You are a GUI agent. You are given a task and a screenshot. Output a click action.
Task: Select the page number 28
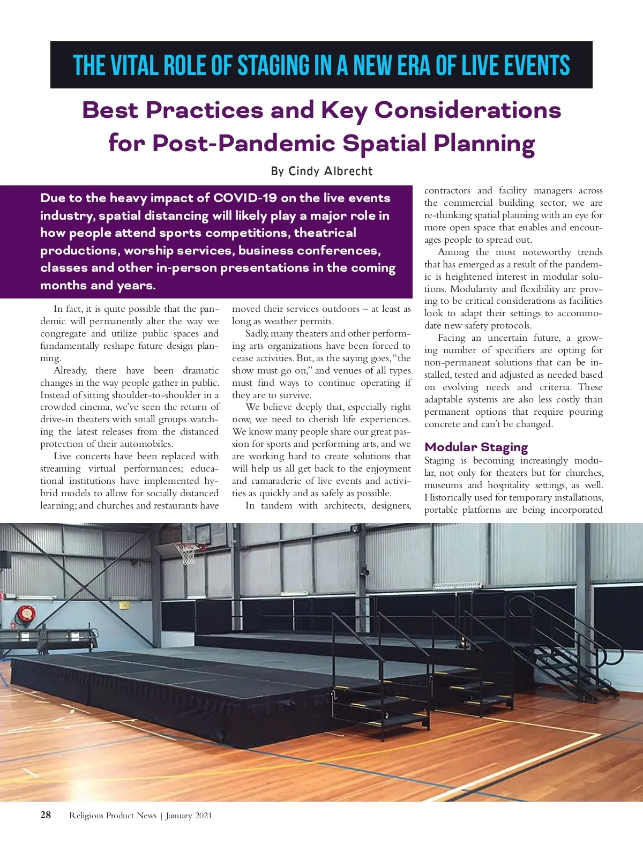point(46,815)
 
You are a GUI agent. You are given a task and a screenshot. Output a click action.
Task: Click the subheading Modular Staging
point(476,447)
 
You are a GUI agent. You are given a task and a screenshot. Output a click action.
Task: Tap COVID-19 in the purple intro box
point(245,198)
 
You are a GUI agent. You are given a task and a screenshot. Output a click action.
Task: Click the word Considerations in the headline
point(467,110)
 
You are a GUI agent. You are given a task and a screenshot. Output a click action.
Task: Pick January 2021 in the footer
point(189,816)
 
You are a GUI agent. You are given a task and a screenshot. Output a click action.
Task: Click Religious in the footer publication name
point(86,816)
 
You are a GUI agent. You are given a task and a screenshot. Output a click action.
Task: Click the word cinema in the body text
point(96,407)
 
